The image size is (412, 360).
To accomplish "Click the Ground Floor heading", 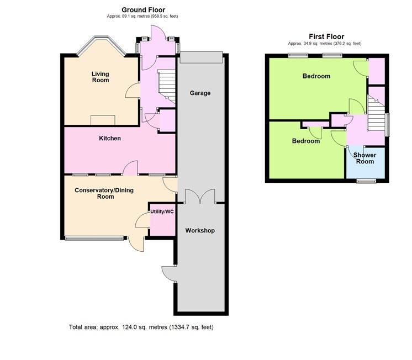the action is pos(143,10).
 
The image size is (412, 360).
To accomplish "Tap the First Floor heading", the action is pos(326,36).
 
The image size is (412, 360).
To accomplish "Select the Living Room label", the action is pos(101,77).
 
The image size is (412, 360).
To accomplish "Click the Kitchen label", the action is pos(110,138).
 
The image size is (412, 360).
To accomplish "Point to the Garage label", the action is pos(200,93).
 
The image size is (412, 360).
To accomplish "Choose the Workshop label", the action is pos(200,230).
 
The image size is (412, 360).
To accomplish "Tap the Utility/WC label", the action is pos(162,211).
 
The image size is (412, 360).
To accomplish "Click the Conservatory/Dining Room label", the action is pos(104,193).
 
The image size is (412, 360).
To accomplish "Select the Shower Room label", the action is pos(365,158).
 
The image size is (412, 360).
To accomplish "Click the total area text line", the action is pos(141,327).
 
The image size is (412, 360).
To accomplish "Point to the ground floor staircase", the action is pos(167,86).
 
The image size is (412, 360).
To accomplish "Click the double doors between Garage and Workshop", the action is pos(200,197).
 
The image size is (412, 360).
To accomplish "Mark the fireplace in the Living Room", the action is pos(103,120).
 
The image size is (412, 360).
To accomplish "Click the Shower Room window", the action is pos(366,181).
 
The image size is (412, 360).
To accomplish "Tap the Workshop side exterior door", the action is pos(168,274).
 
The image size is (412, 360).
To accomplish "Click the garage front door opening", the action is pos(201,57).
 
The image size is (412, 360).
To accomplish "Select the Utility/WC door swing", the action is pos(142,220).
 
